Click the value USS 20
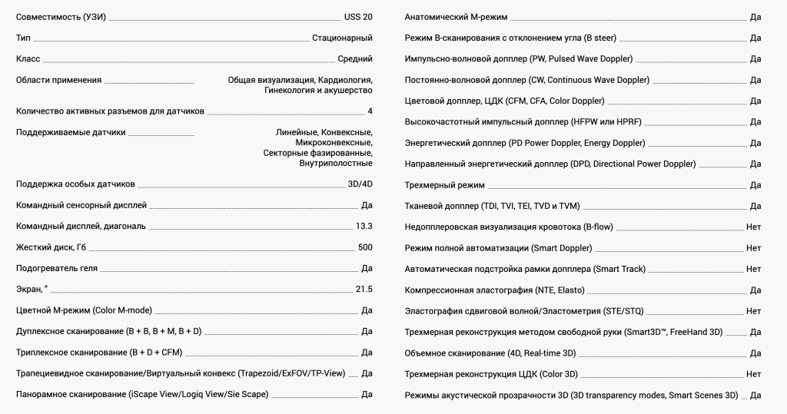(x=357, y=17)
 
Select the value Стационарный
(x=342, y=38)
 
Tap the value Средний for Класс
(x=355, y=58)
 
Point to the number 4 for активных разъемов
(x=370, y=111)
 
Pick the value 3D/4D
(x=360, y=184)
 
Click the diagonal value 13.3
(x=364, y=227)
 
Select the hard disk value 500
(x=365, y=247)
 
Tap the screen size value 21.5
(x=364, y=289)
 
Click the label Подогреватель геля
(x=57, y=268)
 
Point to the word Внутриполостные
(x=336, y=163)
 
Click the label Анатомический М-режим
(x=456, y=17)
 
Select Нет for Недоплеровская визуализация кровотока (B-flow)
(x=753, y=227)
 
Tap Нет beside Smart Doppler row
(x=753, y=248)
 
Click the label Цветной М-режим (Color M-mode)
(x=84, y=310)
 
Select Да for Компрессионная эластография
(x=755, y=290)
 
